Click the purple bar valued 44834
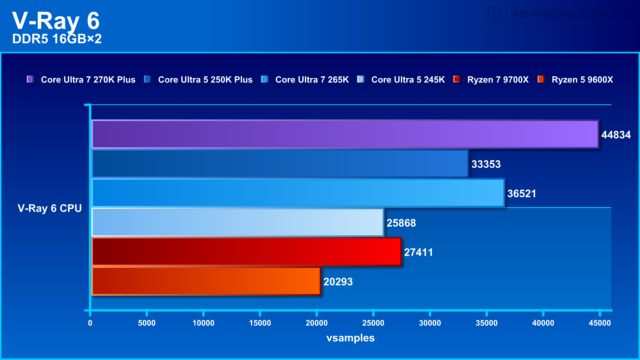(x=345, y=134)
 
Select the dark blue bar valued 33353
(x=280, y=163)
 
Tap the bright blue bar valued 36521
(x=298, y=193)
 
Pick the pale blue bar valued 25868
(x=238, y=222)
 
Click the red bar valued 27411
(x=246, y=252)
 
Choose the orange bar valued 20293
(x=206, y=281)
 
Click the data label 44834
(x=616, y=135)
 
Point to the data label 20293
(x=338, y=282)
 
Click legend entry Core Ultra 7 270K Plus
(x=88, y=80)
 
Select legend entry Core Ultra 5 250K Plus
(x=205, y=80)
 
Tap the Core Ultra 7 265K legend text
(x=312, y=80)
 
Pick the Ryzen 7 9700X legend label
(x=498, y=80)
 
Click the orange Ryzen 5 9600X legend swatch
(x=541, y=79)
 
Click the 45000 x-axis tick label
(x=599, y=323)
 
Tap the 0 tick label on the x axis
(x=90, y=323)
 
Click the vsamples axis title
(x=350, y=338)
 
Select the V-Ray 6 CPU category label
(x=50, y=208)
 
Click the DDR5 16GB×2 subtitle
(x=57, y=39)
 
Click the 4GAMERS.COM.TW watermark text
(x=571, y=14)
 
